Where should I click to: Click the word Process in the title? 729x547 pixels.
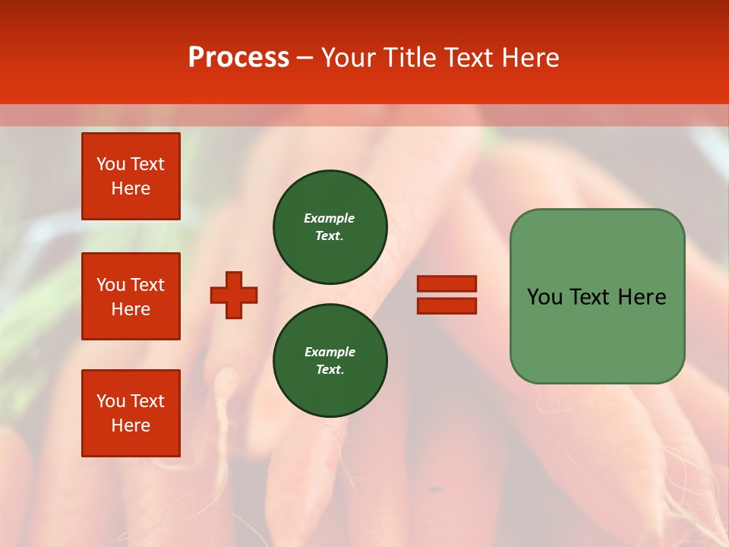(238, 58)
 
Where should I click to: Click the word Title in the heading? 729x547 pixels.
(408, 58)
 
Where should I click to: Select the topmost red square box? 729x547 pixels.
(131, 176)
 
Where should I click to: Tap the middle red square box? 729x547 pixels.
(131, 296)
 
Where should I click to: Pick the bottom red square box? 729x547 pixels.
(131, 413)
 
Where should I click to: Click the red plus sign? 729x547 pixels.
(234, 295)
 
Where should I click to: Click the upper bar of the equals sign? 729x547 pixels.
(447, 283)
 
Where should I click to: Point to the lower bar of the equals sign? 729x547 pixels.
(447, 305)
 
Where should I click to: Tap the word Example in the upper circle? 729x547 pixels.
(330, 218)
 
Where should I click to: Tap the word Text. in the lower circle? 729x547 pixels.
(330, 369)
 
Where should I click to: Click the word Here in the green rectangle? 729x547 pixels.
(642, 297)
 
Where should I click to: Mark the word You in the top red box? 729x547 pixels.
(110, 164)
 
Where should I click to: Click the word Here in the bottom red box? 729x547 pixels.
(131, 425)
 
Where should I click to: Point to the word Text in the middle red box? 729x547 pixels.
(147, 285)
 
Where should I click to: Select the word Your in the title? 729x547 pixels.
(348, 58)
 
